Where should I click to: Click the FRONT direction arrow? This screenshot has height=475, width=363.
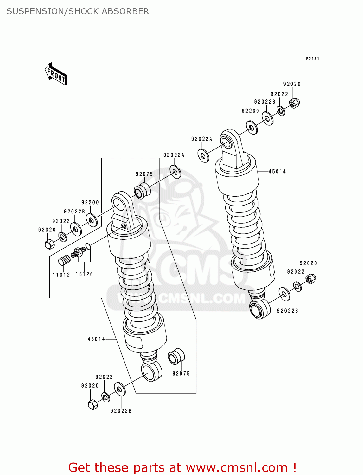[56, 74]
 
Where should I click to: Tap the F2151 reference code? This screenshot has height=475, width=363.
[312, 59]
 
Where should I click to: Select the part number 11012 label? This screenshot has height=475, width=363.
[61, 275]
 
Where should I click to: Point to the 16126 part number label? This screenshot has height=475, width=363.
[84, 274]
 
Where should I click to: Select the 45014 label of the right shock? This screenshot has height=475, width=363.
[277, 172]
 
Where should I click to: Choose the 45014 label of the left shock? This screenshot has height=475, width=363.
[96, 339]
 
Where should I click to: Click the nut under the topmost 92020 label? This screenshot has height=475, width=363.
[294, 103]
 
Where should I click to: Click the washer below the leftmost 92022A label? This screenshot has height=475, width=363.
[203, 155]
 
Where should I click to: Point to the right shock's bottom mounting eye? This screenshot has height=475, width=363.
[259, 309]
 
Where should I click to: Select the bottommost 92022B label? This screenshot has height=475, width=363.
[121, 411]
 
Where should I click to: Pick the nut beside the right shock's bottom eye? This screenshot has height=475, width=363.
[311, 279]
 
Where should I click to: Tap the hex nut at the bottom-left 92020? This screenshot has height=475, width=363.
[92, 404]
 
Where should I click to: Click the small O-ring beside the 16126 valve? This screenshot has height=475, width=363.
[88, 246]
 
